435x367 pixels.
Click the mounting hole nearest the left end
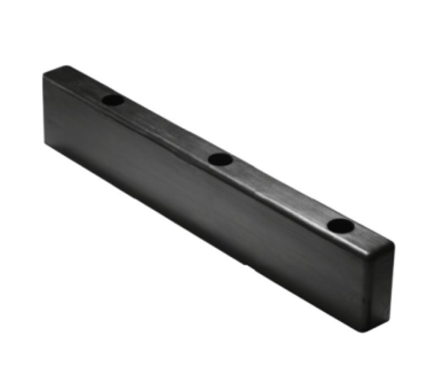coord(113,99)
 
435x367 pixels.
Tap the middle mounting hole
coord(220,160)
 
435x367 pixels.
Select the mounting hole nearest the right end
coord(339,226)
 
